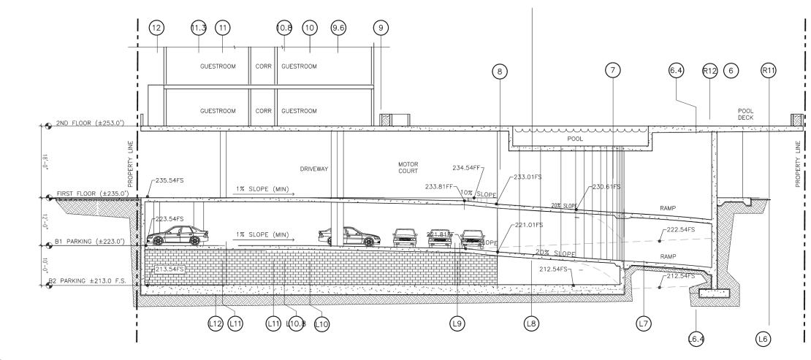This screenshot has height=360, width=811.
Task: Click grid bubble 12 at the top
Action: tap(156, 27)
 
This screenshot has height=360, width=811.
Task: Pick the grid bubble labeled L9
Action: tap(457, 322)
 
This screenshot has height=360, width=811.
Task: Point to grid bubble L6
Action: tap(764, 338)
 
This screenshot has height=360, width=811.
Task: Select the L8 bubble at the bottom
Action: tap(532, 322)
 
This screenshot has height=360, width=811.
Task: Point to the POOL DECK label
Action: tap(746, 114)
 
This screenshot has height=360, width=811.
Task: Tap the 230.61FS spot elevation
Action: tap(606, 187)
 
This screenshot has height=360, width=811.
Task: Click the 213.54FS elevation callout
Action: tap(169, 270)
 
